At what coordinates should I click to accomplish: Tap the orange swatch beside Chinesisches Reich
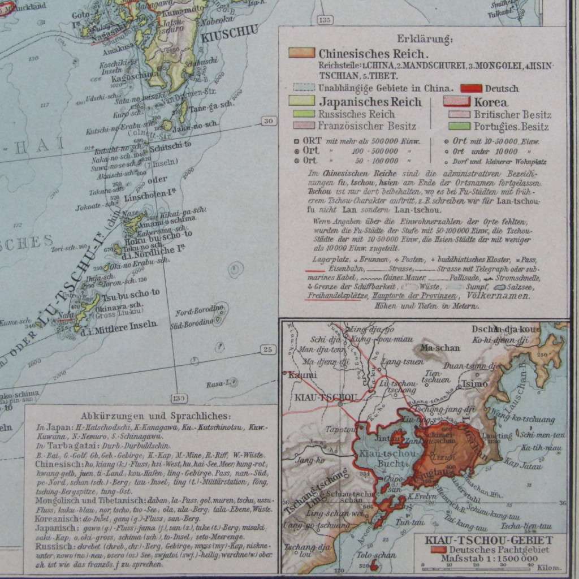click(x=301, y=53)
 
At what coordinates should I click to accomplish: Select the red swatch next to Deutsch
click(x=471, y=88)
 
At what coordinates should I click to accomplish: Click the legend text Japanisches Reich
click(x=370, y=102)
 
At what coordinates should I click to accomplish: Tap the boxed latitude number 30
click(x=268, y=120)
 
